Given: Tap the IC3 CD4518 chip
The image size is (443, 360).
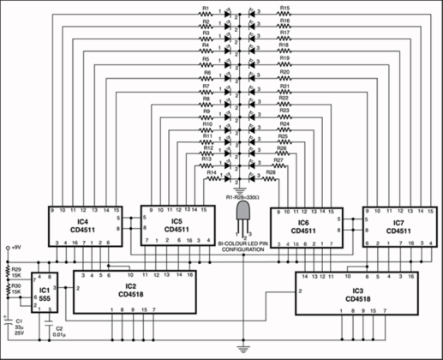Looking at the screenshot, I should point(352,292).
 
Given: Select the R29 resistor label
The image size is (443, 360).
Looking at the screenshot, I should point(15,271).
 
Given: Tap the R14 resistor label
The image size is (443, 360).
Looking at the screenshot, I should point(211,172).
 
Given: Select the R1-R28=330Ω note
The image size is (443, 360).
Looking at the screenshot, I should point(242,196).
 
